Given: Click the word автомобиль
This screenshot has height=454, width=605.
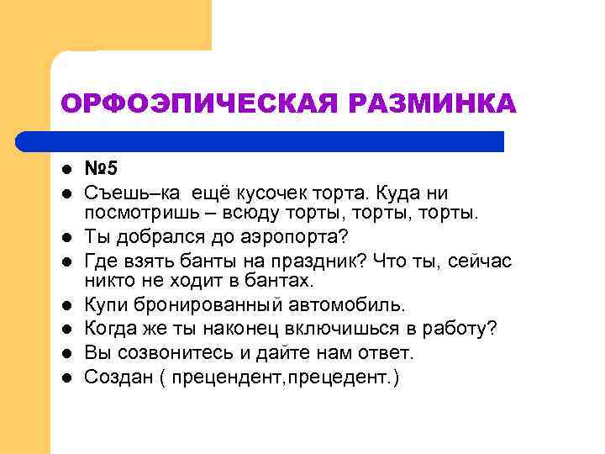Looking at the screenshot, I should click(345, 304).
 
